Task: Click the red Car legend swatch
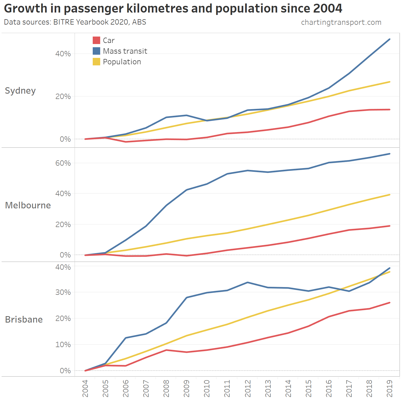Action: point(96,40)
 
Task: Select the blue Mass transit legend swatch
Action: point(96,51)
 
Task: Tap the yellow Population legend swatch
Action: point(96,62)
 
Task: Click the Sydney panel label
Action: point(20,91)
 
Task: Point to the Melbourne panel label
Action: point(28,205)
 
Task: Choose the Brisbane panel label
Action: point(24,319)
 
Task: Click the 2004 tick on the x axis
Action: point(85,388)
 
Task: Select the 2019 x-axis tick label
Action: point(390,388)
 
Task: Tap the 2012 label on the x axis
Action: point(248,388)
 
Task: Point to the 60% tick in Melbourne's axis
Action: point(63,163)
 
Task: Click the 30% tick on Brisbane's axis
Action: point(63,292)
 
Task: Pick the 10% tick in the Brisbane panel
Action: point(63,344)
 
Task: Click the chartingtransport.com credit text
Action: point(341,22)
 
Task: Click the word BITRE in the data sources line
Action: point(64,22)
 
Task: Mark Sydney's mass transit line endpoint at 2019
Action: point(390,39)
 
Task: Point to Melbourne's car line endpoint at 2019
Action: point(390,226)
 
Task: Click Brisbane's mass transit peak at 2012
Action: point(248,282)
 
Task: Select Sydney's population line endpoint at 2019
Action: point(390,82)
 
